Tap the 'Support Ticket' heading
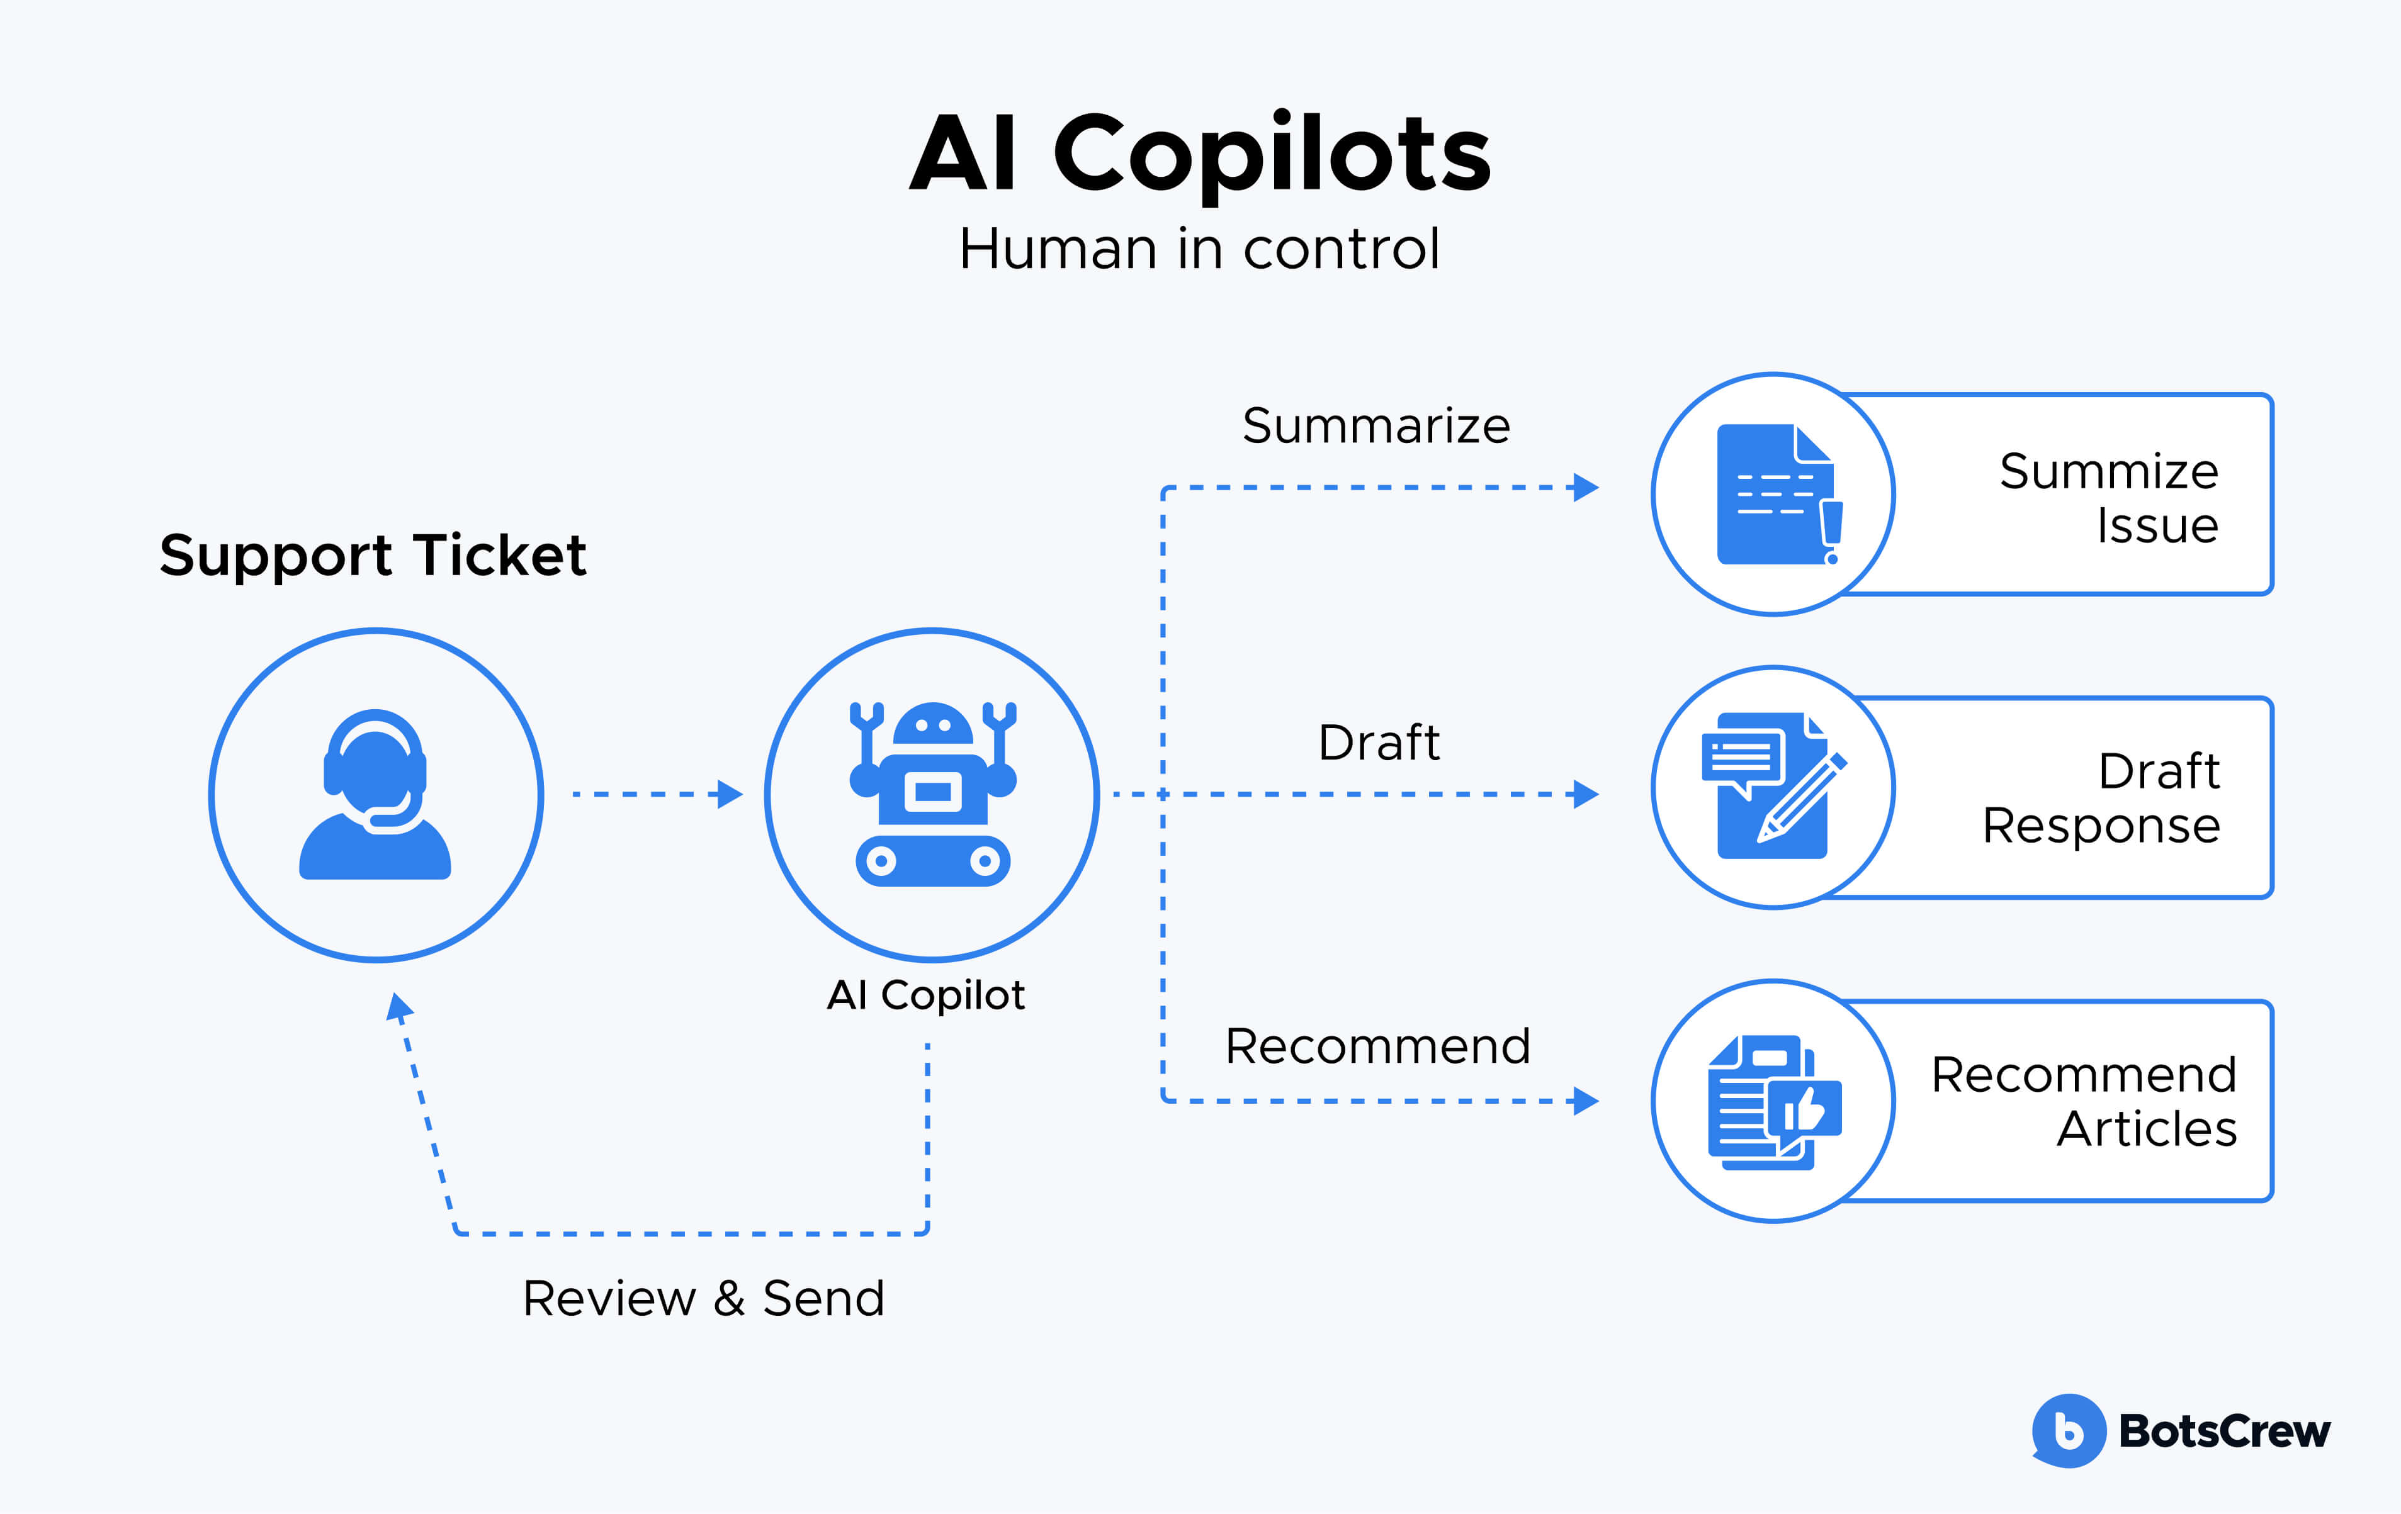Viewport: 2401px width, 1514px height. click(373, 555)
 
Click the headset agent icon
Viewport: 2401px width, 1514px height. click(375, 794)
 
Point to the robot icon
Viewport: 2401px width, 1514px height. click(932, 794)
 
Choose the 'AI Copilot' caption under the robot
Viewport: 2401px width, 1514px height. click(925, 995)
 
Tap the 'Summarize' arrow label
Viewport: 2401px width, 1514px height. click(1376, 425)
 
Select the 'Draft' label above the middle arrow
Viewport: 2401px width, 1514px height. click(1379, 743)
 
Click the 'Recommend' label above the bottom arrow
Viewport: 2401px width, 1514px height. click(1377, 1046)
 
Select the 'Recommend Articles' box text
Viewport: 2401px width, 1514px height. click(2084, 1101)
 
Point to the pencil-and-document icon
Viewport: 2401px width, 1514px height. click(1773, 787)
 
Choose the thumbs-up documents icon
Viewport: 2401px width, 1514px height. click(1773, 1101)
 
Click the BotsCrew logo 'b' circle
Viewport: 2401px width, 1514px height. click(2068, 1430)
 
